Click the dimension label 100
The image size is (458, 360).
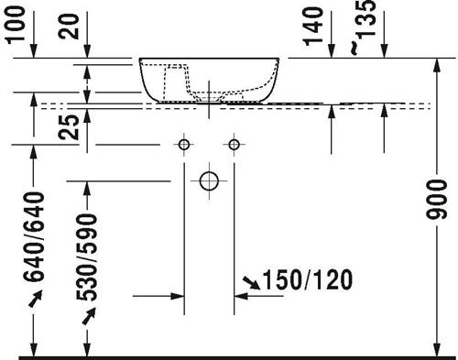click(16, 25)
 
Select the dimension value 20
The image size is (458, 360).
click(69, 27)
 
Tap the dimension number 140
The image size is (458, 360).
click(313, 27)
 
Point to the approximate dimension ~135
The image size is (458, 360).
click(364, 27)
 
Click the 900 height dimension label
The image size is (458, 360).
click(436, 200)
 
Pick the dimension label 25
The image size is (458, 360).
click(69, 126)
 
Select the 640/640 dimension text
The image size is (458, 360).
click(34, 236)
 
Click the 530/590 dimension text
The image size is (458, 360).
click(87, 257)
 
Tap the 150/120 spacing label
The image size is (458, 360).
click(308, 279)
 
